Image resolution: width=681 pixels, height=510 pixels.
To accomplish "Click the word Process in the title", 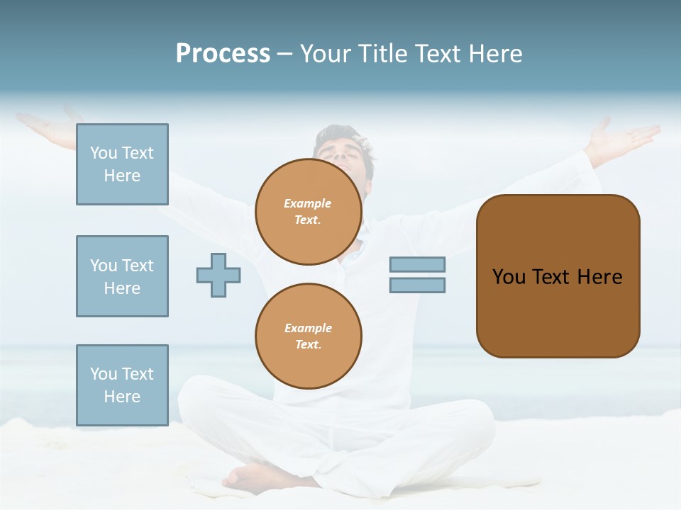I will [223, 54].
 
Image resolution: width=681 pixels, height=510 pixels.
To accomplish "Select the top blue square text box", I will [122, 164].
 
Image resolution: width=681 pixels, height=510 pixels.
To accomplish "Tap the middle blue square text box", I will [122, 276].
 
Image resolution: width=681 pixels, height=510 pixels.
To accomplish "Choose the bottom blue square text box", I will [122, 385].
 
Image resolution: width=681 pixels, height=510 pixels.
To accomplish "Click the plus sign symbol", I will [218, 275].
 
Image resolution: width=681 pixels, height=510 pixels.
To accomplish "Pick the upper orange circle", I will [308, 212].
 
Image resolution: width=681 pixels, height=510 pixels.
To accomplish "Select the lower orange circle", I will [308, 336].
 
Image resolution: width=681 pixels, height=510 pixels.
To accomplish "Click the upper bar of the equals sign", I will [417, 264].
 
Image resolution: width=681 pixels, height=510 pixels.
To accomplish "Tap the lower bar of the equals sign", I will [417, 285].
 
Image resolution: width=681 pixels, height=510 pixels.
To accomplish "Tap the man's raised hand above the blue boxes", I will [50, 127].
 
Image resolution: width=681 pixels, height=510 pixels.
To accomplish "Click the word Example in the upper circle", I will [308, 203].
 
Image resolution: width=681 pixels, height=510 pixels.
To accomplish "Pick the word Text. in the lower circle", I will [308, 345].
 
